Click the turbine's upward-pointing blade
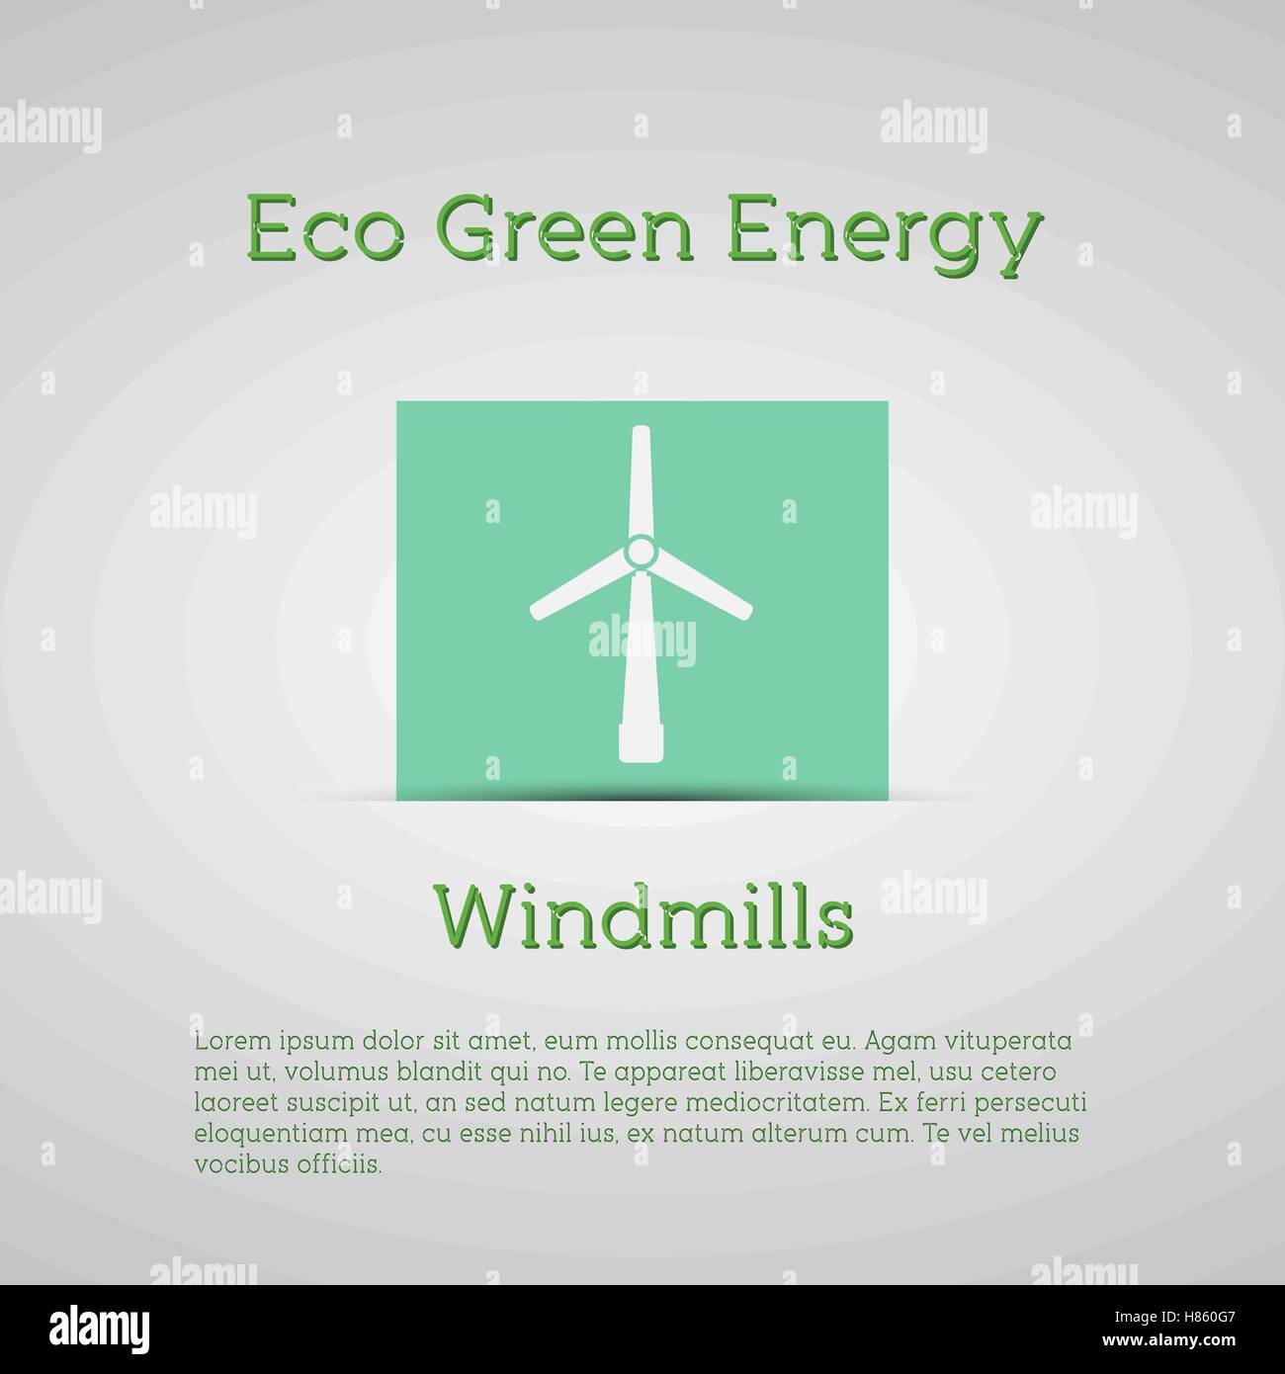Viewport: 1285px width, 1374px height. tap(641, 480)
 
